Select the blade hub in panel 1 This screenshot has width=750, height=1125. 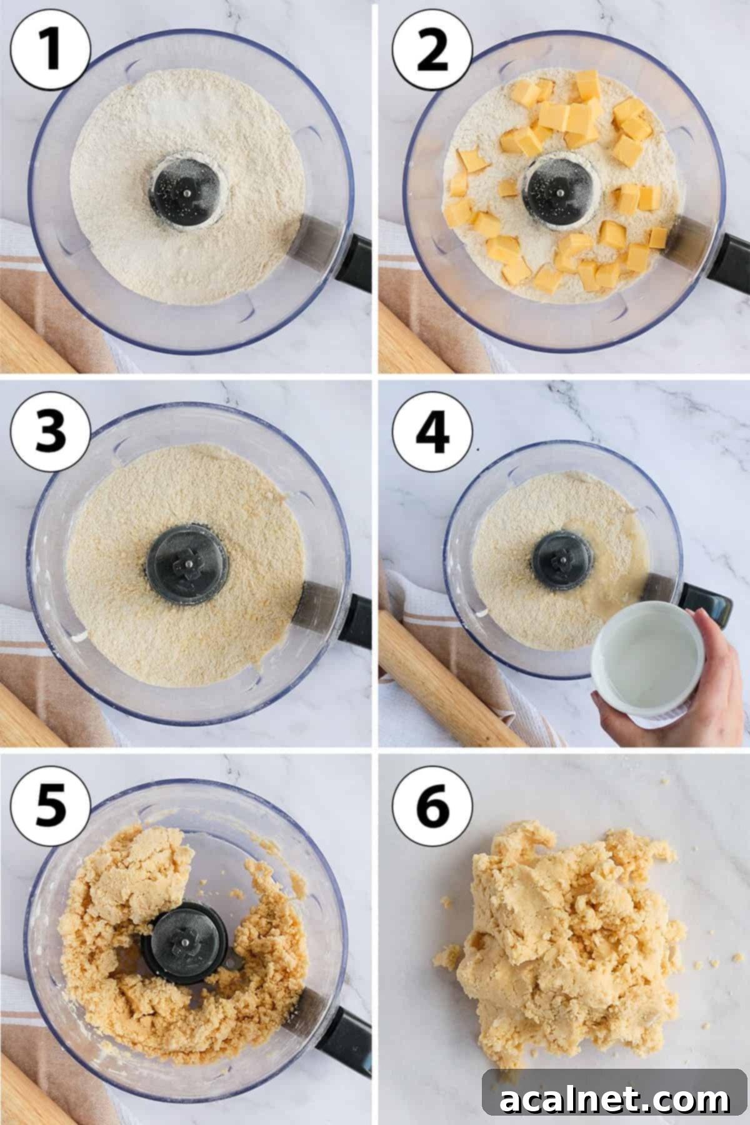[186, 191]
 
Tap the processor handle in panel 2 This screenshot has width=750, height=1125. [728, 263]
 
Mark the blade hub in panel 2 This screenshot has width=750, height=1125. [559, 187]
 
